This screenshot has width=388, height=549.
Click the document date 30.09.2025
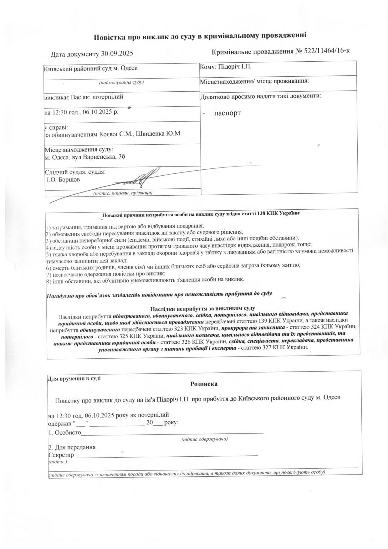118,54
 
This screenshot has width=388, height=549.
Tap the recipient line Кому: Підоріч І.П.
226,67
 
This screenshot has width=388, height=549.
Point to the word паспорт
227,113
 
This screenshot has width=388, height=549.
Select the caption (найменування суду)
121,83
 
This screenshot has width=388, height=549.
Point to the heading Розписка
204,384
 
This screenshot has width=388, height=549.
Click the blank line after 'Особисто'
172,433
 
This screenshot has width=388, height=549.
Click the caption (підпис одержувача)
205,439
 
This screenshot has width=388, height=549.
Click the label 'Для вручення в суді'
74,378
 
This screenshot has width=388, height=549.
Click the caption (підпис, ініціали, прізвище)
123,193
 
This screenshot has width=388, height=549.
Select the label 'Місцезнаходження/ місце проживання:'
254,81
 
